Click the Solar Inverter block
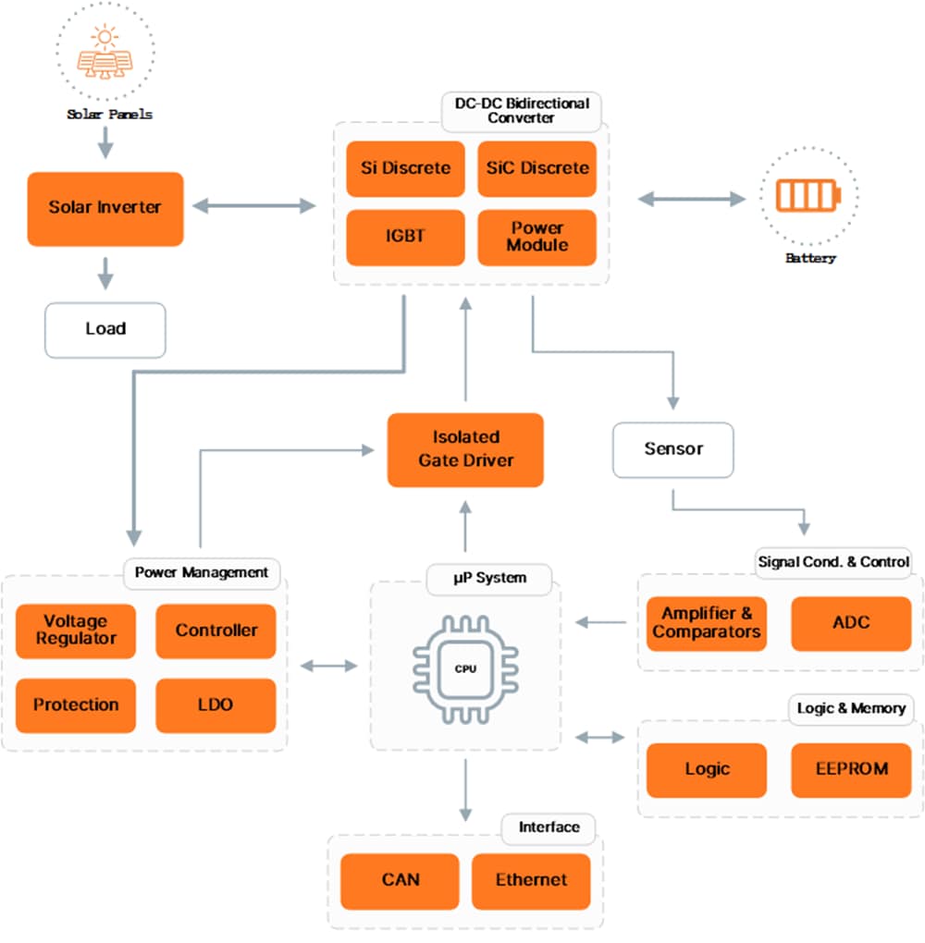coord(105,208)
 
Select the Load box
coord(105,329)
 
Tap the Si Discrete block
coord(405,168)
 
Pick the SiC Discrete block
coord(536,168)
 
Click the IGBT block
coord(405,237)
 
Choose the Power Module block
coord(536,237)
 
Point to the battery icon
coord(808,196)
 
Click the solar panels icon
coord(104,54)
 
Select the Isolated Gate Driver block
coord(465,448)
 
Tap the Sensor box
coord(673,449)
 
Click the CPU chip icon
coord(465,668)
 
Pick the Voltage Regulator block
coord(76,631)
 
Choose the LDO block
coord(215,704)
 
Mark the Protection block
coord(76,704)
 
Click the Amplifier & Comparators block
coord(706,623)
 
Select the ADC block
coord(851,623)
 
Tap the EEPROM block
coord(851,769)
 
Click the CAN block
coord(400,880)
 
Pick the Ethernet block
coord(531,880)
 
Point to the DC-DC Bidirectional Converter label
coord(522,110)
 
